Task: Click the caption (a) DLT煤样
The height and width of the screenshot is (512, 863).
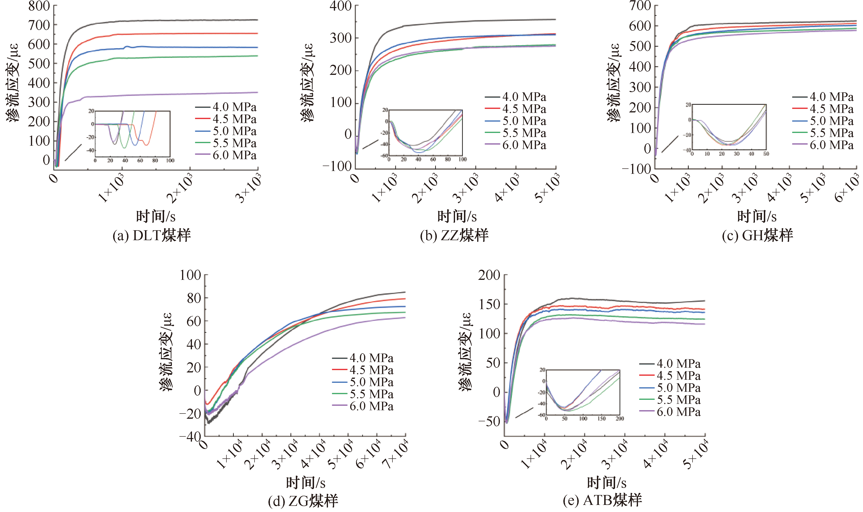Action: (152, 235)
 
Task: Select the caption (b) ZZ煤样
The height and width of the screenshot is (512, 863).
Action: (454, 235)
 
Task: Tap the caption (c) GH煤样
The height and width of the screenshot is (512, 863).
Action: (757, 235)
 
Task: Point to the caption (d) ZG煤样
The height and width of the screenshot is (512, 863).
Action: (303, 501)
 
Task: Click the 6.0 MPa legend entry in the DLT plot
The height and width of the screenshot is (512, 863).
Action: (226, 155)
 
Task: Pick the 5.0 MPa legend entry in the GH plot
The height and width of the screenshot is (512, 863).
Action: (823, 121)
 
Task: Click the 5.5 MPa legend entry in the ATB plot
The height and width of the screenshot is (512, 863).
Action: (670, 400)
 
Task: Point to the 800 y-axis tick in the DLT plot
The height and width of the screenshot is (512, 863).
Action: (39, 6)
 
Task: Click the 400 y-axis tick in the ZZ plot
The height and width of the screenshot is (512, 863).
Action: (340, 6)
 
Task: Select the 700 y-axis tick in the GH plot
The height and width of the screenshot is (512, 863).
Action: (640, 6)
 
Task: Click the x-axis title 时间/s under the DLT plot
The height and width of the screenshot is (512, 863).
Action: (156, 216)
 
